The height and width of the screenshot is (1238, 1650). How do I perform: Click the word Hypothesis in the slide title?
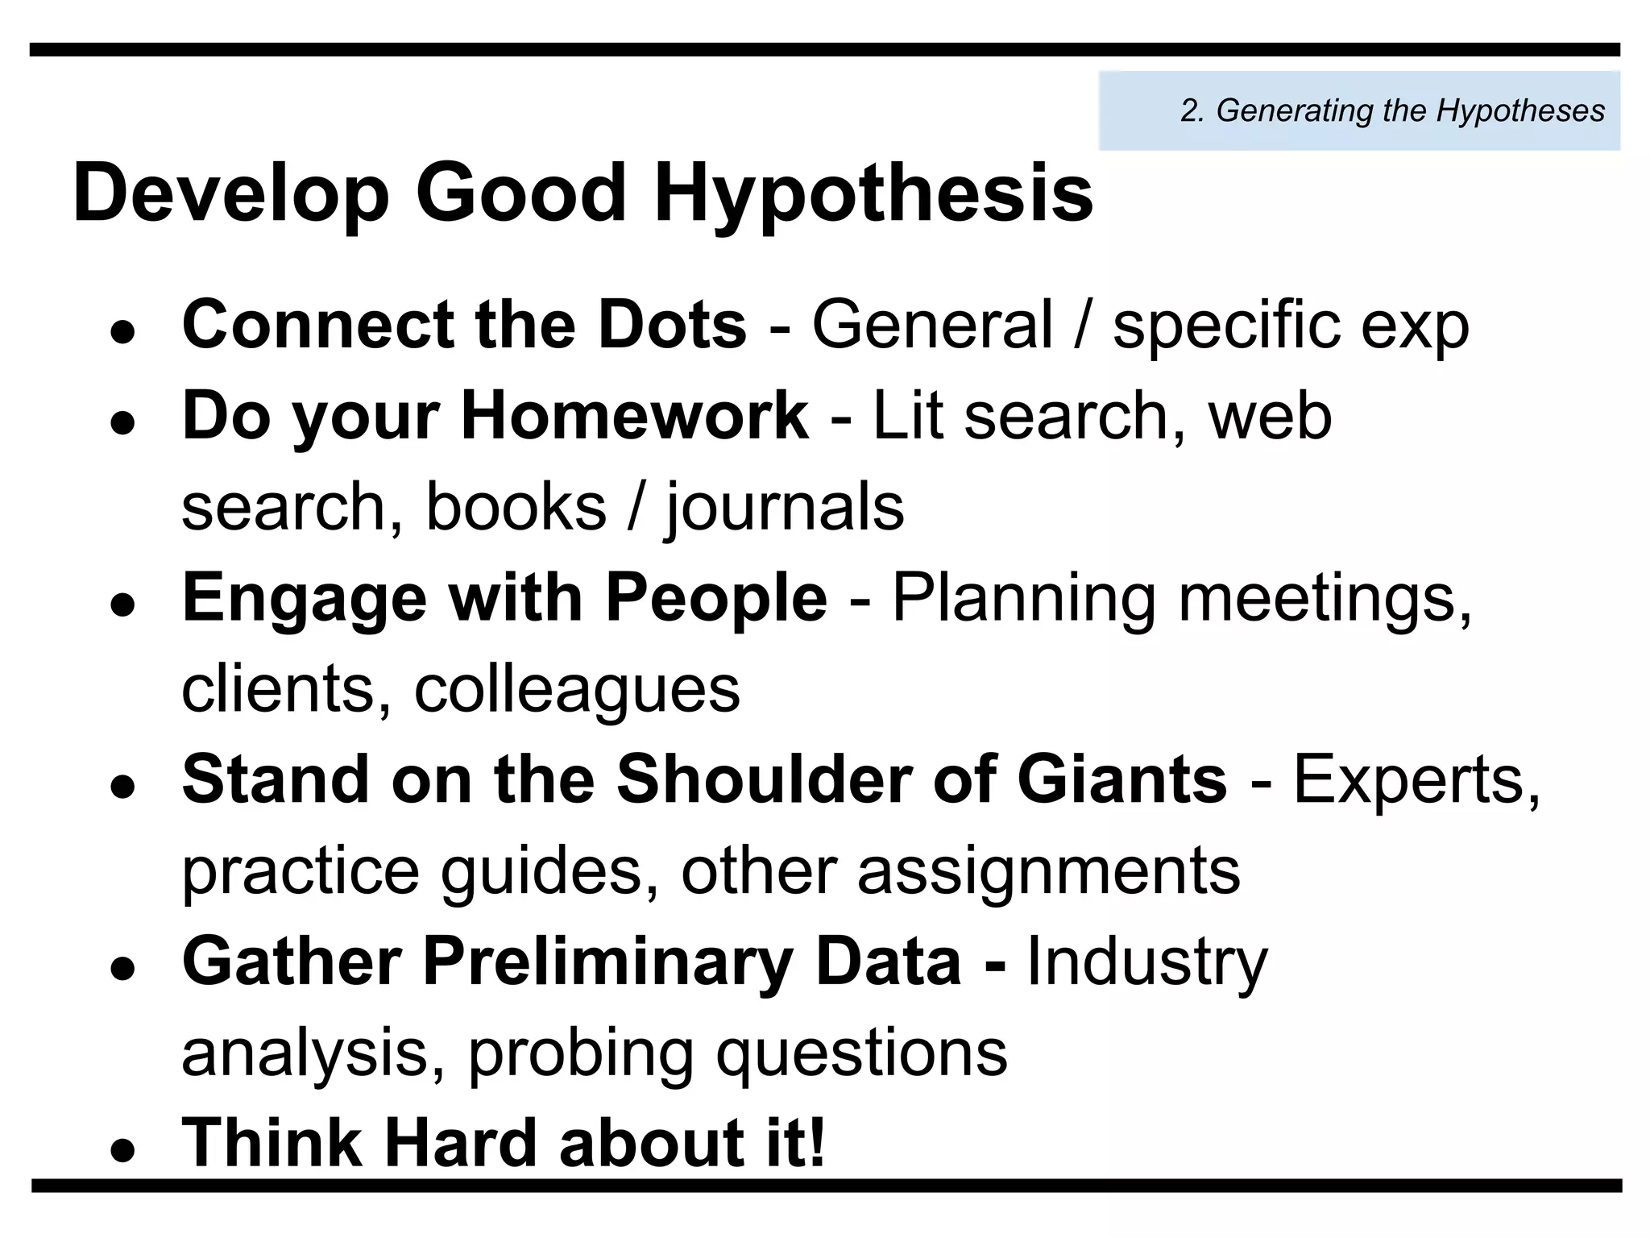coord(873,195)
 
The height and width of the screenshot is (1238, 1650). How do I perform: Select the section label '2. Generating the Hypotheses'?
coord(1392,110)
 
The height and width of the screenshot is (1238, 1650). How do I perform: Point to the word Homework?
coord(634,416)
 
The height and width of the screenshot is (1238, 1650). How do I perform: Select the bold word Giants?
coord(1121,779)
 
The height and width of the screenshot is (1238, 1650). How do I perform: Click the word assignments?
coord(1048,871)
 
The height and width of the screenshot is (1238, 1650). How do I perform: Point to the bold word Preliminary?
coord(608,962)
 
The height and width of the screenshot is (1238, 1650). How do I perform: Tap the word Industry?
coord(1147,962)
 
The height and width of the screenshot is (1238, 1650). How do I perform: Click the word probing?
coord(580,1053)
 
